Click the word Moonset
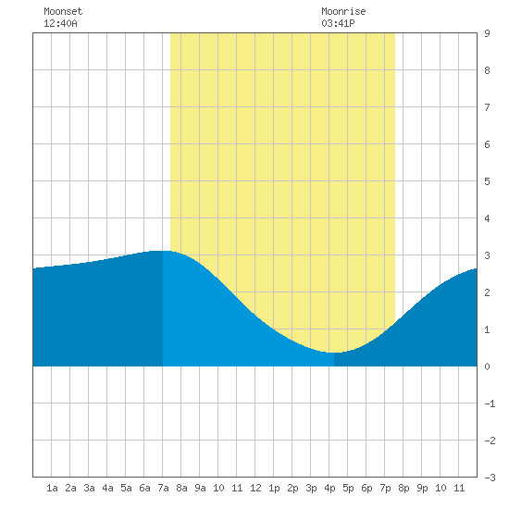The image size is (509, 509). (x=63, y=11)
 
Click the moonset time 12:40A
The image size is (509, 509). (x=60, y=23)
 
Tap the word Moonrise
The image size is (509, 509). (x=343, y=11)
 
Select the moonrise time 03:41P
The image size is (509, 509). (x=338, y=23)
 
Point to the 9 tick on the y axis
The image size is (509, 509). (x=487, y=33)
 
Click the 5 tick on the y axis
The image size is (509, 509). (x=487, y=181)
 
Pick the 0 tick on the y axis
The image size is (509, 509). (x=487, y=366)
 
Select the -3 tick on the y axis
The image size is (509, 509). (x=490, y=478)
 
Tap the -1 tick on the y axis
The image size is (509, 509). (x=490, y=403)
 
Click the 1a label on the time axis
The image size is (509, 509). (x=52, y=488)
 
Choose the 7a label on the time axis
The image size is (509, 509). (x=163, y=488)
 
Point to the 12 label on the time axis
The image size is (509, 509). (x=255, y=488)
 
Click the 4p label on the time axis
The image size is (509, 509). (x=329, y=488)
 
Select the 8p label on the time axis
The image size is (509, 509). (x=403, y=488)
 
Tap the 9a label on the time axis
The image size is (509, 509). (x=200, y=488)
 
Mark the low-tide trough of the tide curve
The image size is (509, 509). (x=334, y=353)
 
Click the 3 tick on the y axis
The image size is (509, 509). (x=487, y=255)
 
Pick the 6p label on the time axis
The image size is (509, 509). (x=366, y=488)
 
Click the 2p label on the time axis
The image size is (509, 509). (x=292, y=488)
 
